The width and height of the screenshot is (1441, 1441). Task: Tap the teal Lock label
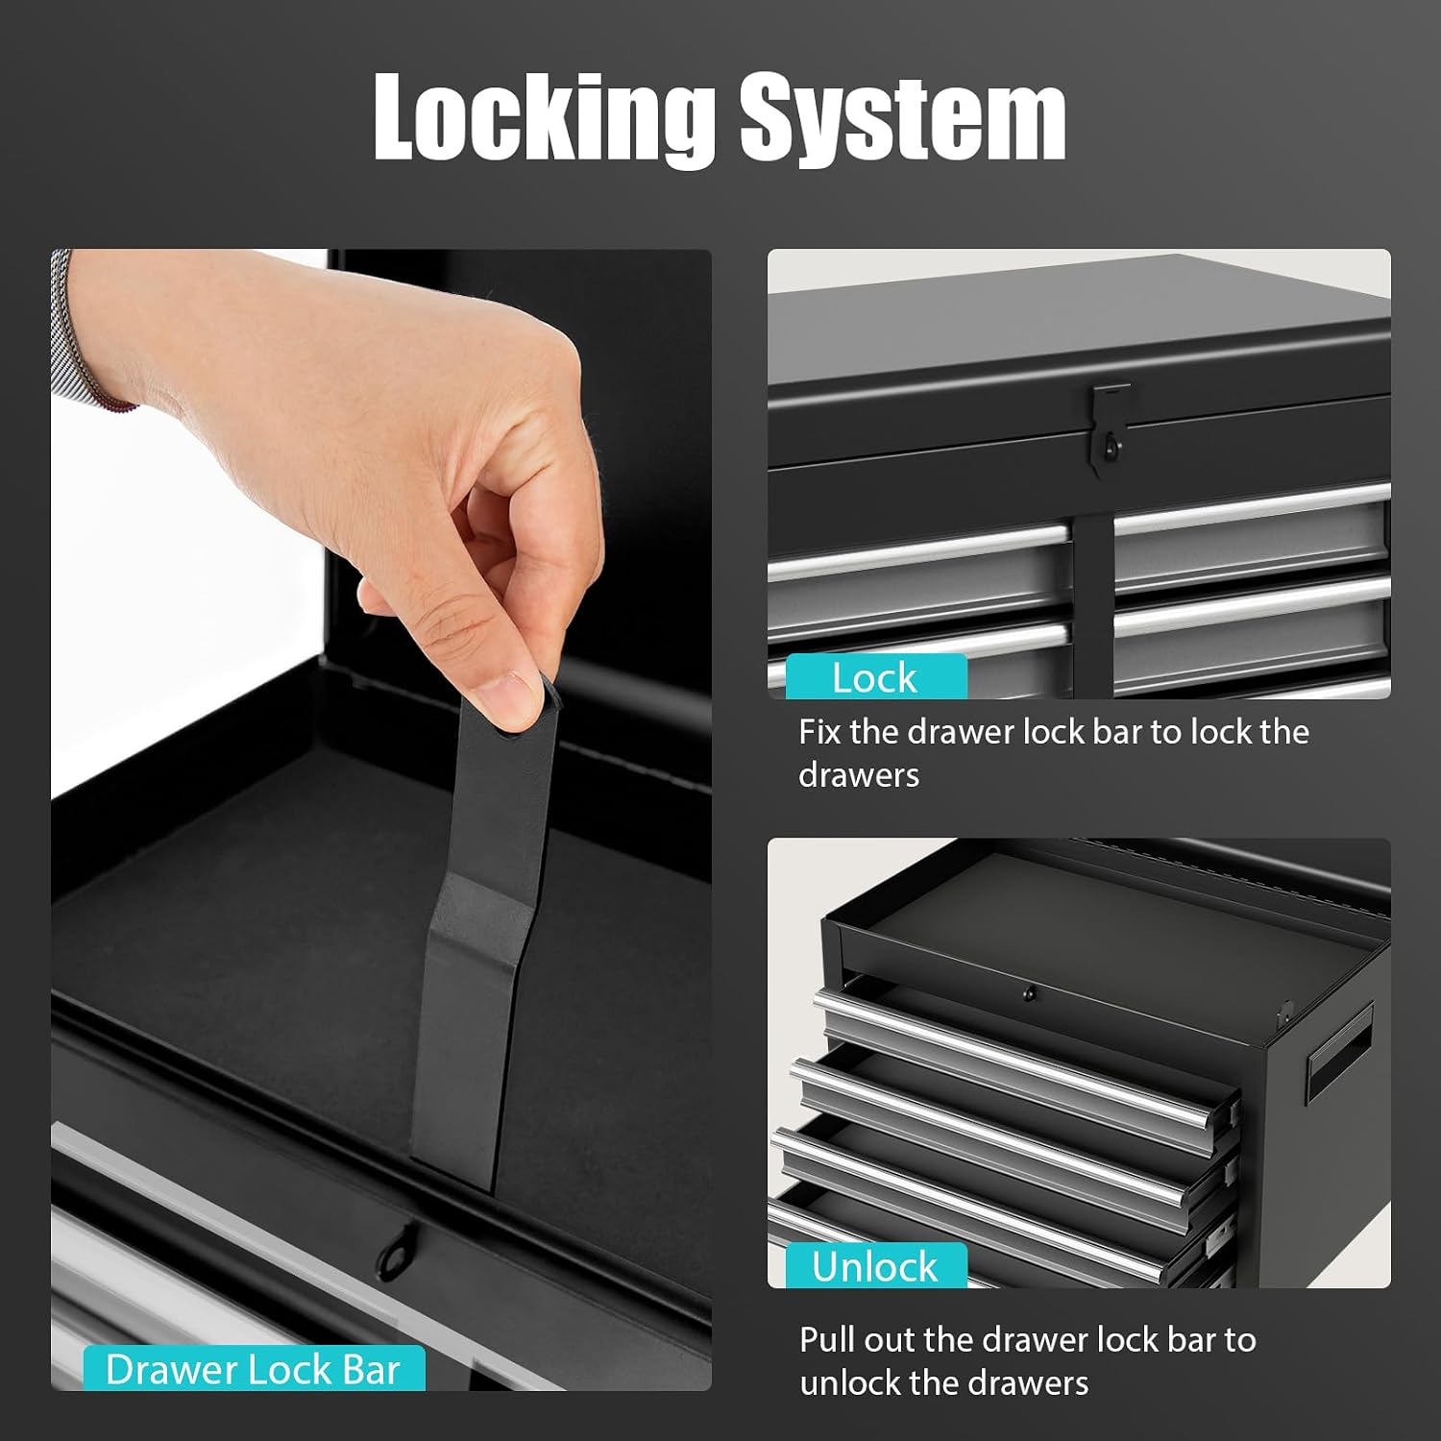click(875, 677)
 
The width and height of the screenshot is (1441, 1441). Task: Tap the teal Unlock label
click(875, 1266)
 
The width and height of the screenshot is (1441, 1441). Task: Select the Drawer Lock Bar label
click(254, 1369)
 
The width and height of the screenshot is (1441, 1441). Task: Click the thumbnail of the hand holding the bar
click(381, 819)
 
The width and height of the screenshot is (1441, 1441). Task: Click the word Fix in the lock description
click(819, 732)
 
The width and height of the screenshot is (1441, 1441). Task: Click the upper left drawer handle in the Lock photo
click(918, 551)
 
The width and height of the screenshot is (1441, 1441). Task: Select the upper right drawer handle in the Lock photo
click(1252, 508)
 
